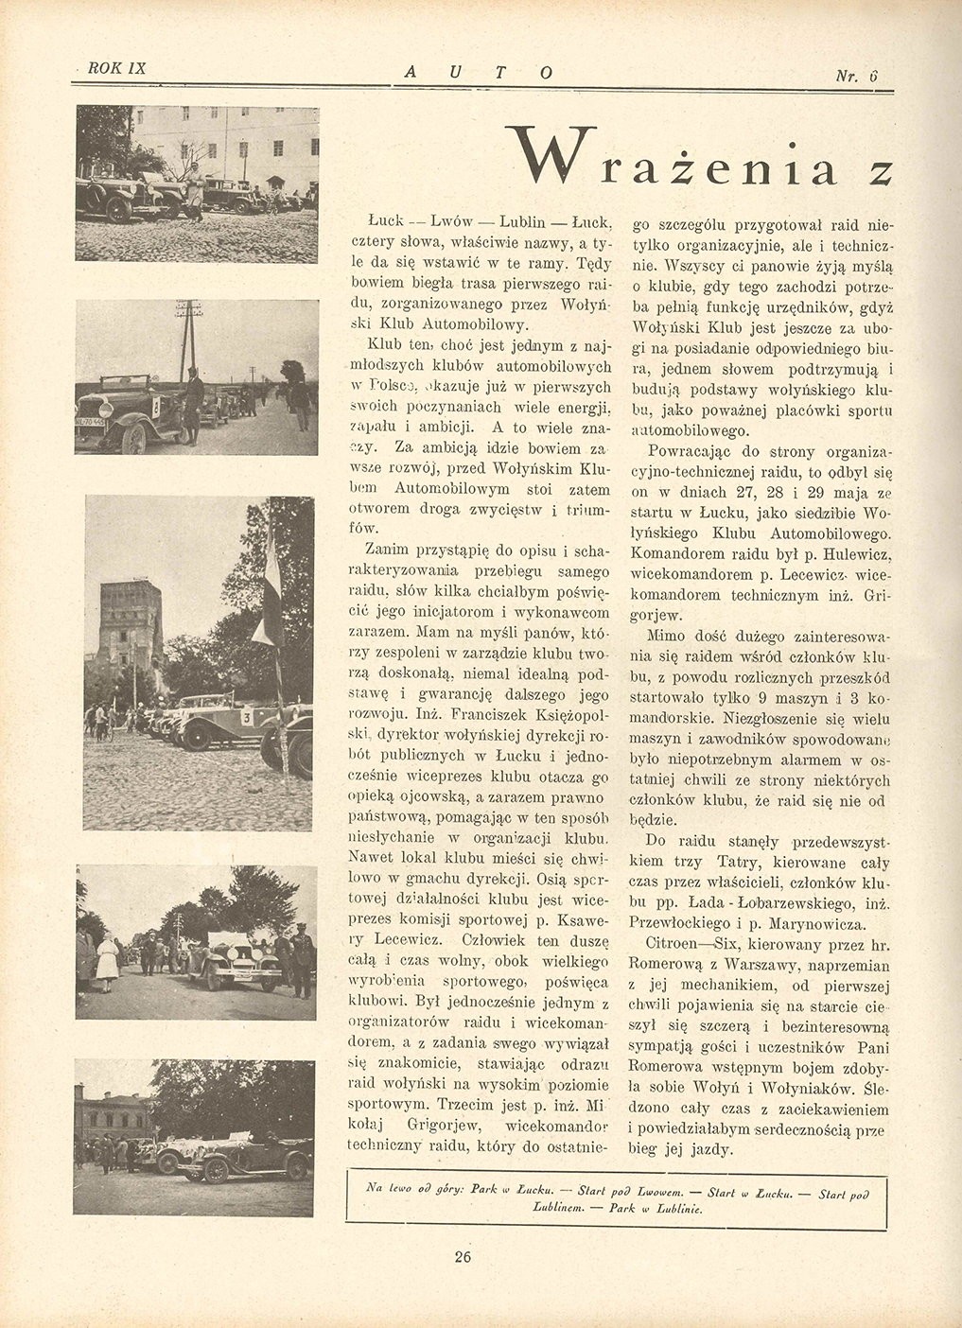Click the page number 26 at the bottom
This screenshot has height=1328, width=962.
pos(463,1257)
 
